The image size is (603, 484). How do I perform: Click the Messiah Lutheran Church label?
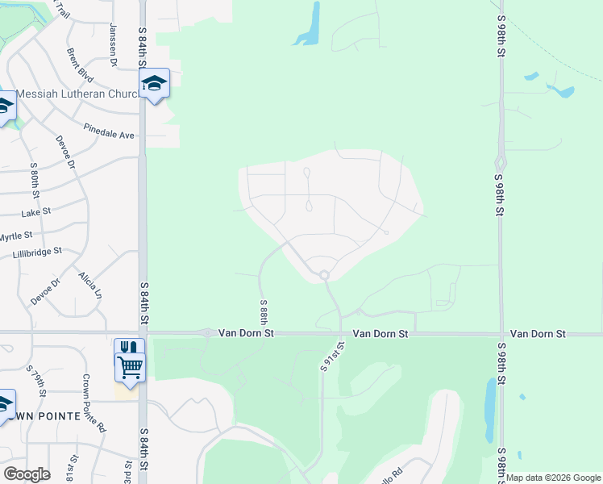pos(78,94)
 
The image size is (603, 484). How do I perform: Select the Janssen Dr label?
pos(113,44)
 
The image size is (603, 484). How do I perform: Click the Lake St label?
pos(36,212)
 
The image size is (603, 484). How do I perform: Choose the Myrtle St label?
pos(15,236)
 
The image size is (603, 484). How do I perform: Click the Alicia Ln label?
pos(90,286)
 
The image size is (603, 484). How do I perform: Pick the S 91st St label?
pos(332,356)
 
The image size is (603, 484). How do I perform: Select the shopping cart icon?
pos(130,366)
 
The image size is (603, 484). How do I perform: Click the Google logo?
pos(27,474)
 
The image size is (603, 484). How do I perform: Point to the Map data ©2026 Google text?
pos(554,478)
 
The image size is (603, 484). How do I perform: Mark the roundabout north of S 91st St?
pos(324,275)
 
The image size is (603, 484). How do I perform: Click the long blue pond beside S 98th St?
pos(489,410)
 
